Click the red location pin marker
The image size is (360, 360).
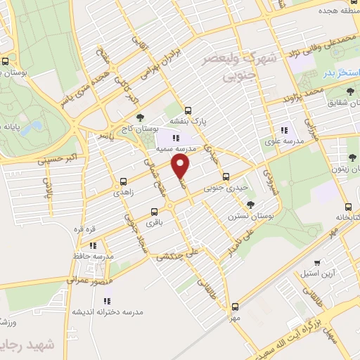[x=181, y=167]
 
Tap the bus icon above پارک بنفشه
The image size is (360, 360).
[x=188, y=110]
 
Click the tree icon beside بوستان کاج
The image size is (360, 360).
[x=141, y=117]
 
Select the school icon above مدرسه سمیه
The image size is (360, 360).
[x=176, y=135]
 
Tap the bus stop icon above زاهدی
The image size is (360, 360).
[x=124, y=181]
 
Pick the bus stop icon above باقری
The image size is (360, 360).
[x=155, y=211]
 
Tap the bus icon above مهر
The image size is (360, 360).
[x=235, y=307]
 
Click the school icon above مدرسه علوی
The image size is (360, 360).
[x=284, y=130]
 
